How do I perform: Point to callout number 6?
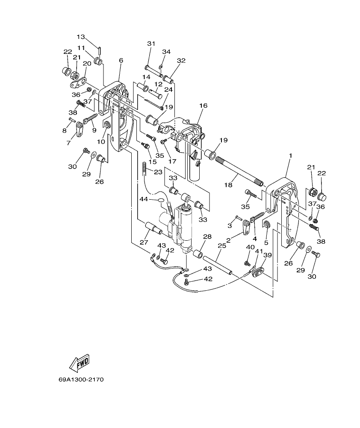[121, 61]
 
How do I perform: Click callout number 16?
[203, 105]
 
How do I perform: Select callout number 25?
[221, 246]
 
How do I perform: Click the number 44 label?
[143, 199]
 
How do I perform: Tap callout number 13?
[81, 37]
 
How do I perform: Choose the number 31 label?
[150, 44]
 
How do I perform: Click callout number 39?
[267, 255]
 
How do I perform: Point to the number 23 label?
[158, 172]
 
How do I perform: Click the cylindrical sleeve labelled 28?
[198, 254]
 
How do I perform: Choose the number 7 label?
[68, 143]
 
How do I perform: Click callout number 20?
[87, 64]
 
